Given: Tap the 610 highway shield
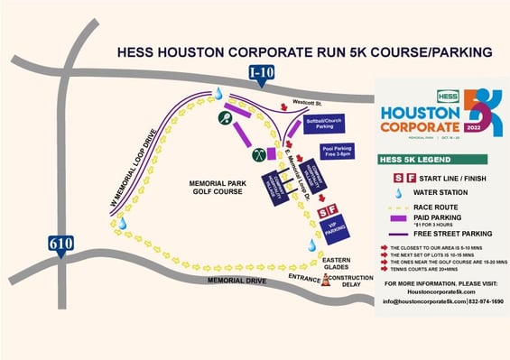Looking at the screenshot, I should pyautogui.click(x=60, y=244).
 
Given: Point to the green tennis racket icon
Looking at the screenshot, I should pyautogui.click(x=224, y=117).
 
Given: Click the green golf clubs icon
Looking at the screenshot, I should pyautogui.click(x=259, y=153).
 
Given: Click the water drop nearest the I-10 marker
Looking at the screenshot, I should pyautogui.click(x=218, y=93).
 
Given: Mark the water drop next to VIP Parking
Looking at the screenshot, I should pyautogui.click(x=311, y=245).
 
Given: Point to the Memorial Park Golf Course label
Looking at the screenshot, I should pyautogui.click(x=218, y=188).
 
